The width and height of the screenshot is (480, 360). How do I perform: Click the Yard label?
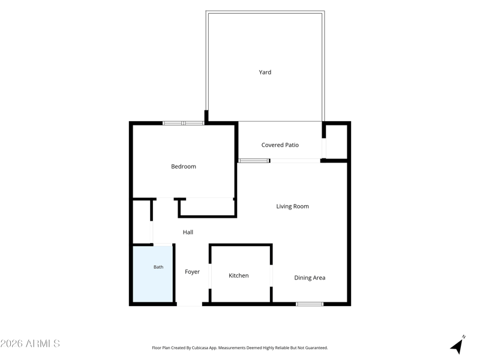tap(265, 72)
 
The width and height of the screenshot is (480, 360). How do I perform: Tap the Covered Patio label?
tap(280, 145)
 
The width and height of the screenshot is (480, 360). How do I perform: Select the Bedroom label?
tap(184, 167)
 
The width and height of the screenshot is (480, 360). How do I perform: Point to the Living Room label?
tap(292, 206)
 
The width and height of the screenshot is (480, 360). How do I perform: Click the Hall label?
tap(188, 232)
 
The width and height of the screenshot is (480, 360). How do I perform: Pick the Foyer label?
tap(192, 272)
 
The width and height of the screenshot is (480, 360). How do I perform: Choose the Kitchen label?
tap(238, 275)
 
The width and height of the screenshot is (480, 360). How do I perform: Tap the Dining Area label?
tap(310, 278)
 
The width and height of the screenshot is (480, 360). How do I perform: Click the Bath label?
tap(158, 267)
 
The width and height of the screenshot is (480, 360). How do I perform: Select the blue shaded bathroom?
tap(153, 274)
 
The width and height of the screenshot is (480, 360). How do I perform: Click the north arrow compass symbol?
tap(458, 345)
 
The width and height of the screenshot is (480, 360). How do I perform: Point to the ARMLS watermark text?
tap(30, 343)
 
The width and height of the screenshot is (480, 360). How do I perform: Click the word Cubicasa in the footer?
tap(200, 348)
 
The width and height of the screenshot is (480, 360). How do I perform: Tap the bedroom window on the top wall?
tap(183, 123)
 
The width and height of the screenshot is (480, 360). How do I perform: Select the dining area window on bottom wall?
tap(310, 304)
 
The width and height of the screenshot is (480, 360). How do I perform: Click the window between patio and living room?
tap(254, 161)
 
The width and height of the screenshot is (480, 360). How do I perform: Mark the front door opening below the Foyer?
tap(190, 304)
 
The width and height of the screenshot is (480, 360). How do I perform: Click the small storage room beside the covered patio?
tap(337, 142)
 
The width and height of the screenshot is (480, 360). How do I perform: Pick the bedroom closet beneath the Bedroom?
tap(206, 207)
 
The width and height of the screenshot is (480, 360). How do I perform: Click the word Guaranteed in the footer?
tap(318, 348)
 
